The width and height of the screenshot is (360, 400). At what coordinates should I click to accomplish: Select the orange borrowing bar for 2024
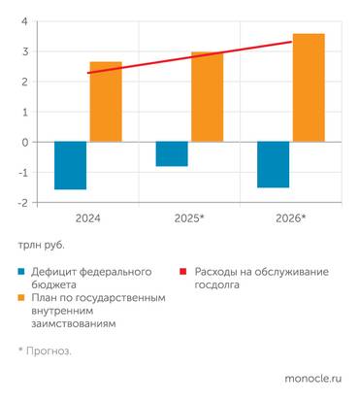(x=106, y=101)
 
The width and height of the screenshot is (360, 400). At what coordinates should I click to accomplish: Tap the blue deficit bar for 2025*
(x=172, y=153)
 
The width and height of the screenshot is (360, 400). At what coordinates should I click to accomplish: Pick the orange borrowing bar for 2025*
(x=207, y=96)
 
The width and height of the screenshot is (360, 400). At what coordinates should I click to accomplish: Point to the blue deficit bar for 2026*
(x=273, y=164)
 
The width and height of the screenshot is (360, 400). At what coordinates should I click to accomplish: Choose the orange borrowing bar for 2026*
(x=308, y=87)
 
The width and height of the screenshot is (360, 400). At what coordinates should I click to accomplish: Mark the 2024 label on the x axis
(x=88, y=218)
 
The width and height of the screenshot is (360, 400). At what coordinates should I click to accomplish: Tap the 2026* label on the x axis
(x=289, y=218)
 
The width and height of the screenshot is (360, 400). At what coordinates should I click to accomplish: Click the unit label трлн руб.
(x=43, y=247)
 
